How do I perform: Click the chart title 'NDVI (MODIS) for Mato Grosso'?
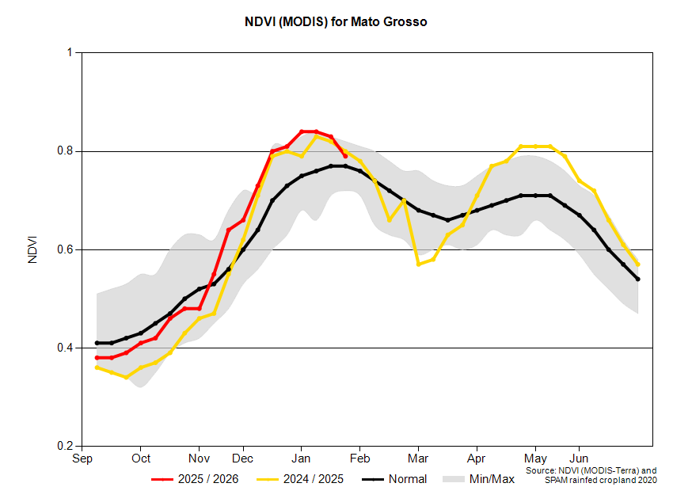point(336,22)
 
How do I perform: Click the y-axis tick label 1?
point(70,53)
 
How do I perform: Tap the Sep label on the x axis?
point(82,458)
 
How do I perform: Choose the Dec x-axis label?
point(243,458)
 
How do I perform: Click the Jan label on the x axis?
point(301,458)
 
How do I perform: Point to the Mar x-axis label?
point(417,458)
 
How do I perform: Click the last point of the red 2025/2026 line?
point(345,156)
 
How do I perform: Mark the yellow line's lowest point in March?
point(418,264)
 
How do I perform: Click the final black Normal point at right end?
point(637,279)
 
